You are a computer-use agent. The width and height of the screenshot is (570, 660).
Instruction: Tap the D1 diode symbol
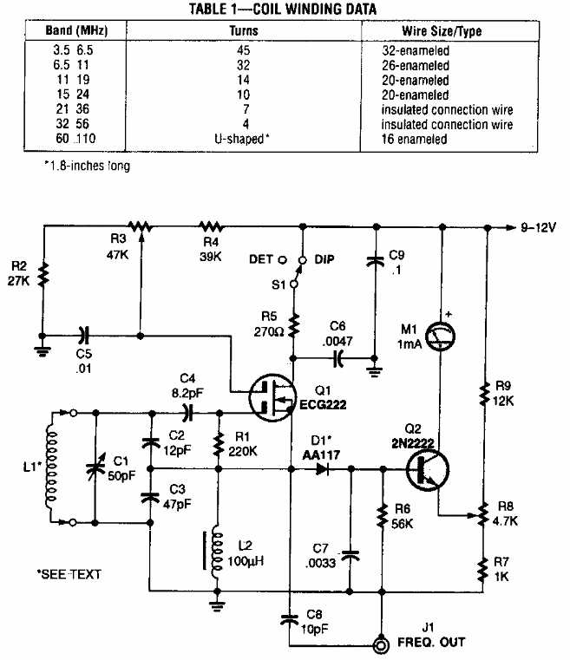tap(323, 470)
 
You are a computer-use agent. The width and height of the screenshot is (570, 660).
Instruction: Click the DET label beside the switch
tap(261, 259)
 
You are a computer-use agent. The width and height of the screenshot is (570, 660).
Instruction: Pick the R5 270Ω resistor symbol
tap(294, 327)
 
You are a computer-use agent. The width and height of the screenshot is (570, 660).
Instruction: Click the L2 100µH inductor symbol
tap(213, 555)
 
